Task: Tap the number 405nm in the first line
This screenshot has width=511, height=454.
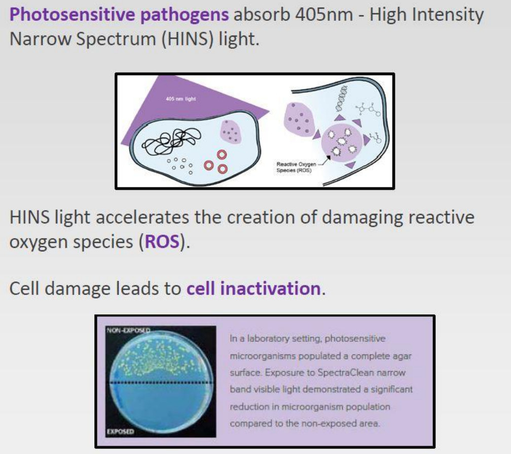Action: [x=324, y=15]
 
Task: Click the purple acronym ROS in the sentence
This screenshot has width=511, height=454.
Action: [x=162, y=242]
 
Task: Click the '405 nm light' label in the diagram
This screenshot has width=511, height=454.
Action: [x=181, y=99]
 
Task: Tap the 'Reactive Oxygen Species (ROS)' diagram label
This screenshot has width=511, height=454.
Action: [x=296, y=167]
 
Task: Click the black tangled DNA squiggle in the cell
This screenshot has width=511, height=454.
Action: [x=172, y=141]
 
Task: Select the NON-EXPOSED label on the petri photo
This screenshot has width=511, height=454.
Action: [x=128, y=330]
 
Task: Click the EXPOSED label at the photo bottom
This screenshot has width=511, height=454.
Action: [x=120, y=432]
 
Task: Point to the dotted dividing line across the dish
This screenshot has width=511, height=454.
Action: [x=162, y=382]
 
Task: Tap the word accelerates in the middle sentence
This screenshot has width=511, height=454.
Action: [x=142, y=217]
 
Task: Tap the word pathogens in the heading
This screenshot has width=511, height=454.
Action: [x=185, y=15]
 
